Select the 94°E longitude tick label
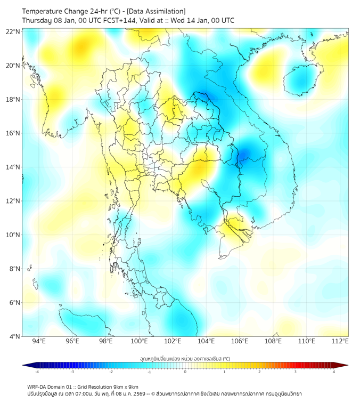39,341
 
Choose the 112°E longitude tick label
340,341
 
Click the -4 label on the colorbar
36,372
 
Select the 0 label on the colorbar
185,372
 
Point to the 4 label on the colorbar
333,372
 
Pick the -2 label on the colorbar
110,372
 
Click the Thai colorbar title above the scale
185,359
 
